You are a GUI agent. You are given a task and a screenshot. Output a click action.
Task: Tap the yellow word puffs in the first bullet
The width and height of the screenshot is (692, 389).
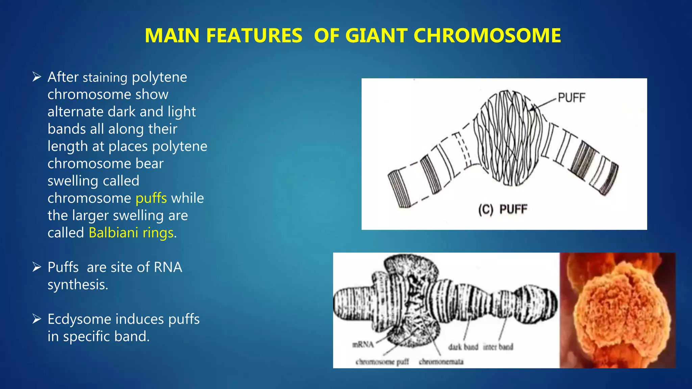coord(151,198)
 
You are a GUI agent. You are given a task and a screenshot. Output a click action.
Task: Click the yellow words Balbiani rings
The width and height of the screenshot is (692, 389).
coord(131,233)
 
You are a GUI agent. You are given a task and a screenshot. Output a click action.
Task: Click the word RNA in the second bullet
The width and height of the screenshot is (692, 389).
coord(168,267)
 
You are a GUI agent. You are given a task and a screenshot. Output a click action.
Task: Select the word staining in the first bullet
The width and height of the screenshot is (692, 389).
coord(105,78)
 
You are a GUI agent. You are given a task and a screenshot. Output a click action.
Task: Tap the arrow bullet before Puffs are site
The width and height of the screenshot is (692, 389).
coord(36,267)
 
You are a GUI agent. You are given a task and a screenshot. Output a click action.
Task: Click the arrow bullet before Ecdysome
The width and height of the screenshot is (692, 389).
coord(36,319)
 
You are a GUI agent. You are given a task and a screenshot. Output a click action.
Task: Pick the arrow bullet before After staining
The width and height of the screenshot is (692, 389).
coord(36,77)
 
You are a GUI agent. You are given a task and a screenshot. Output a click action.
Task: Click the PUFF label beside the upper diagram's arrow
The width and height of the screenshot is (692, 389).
coord(571,98)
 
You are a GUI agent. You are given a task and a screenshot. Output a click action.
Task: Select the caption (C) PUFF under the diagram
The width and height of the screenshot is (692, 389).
coord(502,209)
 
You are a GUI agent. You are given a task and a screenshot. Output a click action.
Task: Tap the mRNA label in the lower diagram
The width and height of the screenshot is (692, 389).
coord(363,345)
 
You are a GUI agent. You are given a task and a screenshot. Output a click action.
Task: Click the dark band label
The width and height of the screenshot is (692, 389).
coord(463,347)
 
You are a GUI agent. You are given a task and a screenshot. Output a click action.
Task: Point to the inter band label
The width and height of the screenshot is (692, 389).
coord(498,347)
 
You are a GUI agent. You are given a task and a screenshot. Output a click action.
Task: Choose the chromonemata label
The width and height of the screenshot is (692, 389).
coord(441,362)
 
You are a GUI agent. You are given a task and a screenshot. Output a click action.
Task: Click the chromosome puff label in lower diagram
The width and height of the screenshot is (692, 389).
coord(382,362)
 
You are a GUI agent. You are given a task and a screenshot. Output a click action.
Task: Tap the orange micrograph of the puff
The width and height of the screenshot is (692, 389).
coord(617,310)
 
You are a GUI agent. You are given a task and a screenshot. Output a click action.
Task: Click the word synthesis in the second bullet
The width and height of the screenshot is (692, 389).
coord(78,285)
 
